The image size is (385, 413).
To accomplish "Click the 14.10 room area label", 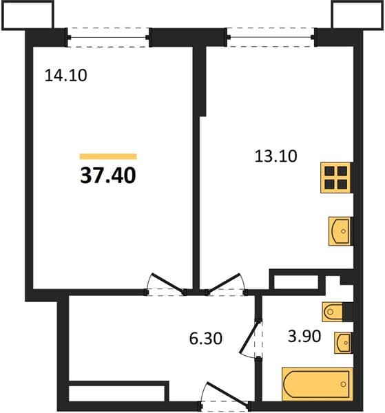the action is point(65,75).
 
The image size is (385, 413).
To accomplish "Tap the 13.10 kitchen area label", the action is point(276,156).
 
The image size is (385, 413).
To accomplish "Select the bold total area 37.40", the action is point(108,176).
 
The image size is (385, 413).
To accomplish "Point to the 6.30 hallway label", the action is point(205,339).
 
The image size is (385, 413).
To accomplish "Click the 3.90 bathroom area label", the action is point(304,337).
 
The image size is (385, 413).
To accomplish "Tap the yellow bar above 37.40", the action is point(108,157).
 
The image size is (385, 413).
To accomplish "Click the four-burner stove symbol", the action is point(336,178).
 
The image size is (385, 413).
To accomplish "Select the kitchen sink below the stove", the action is point(340,231).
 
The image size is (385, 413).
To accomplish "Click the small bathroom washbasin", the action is point(344,343).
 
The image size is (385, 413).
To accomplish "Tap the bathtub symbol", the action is point(318,384).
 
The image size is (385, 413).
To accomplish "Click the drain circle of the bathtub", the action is point(343,384).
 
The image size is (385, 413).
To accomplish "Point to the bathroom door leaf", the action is point(249,337).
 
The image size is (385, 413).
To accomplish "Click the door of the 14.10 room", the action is point(167,283).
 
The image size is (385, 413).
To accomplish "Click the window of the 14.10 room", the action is point(108,38).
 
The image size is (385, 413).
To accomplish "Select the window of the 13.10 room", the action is point(271,38).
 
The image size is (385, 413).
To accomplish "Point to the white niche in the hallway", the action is point(116,394).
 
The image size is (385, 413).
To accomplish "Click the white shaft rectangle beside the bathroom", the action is point(295,282).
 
